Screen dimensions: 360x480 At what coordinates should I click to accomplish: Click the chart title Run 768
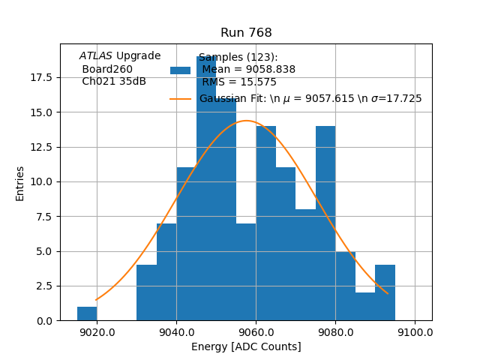tap(246, 33)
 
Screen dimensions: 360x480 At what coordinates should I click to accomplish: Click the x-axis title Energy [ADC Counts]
tap(246, 346)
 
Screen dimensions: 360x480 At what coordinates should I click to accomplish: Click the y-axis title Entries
tap(20, 183)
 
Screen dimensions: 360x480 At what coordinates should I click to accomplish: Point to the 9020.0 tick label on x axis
tap(97, 332)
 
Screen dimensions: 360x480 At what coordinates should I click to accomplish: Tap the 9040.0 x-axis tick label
tap(176, 332)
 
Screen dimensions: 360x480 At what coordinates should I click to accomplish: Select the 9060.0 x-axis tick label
tap(256, 332)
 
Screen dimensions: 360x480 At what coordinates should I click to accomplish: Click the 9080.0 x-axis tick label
tap(335, 332)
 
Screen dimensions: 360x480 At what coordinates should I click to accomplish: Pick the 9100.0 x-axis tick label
tap(415, 332)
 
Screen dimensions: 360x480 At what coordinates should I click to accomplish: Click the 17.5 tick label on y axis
tap(41, 77)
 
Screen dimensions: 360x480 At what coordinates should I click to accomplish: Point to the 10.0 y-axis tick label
tap(41, 181)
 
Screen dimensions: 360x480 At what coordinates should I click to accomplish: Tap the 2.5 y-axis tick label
tap(44, 286)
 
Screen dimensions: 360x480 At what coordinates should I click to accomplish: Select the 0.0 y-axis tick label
tap(44, 320)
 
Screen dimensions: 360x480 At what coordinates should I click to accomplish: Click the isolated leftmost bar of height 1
tap(87, 313)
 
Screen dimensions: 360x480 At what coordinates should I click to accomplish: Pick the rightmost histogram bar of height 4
tap(385, 293)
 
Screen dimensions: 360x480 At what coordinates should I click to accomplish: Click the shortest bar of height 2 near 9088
tap(365, 307)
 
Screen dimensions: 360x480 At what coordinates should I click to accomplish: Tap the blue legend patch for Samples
tap(180, 70)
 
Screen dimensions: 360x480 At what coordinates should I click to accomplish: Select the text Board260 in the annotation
tap(107, 69)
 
